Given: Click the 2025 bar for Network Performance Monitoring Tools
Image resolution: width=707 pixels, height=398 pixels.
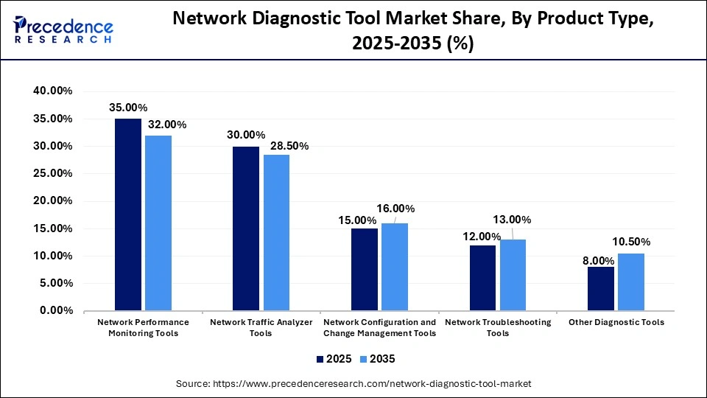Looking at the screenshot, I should point(128,214).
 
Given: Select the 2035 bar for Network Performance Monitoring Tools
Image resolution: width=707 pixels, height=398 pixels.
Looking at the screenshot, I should point(158,223).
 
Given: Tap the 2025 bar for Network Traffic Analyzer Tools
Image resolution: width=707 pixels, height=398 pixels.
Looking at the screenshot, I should point(246,228).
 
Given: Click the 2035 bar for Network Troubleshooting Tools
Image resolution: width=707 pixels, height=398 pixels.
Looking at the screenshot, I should point(513,275).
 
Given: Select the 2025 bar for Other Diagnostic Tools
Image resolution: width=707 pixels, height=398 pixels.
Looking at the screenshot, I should point(601,288).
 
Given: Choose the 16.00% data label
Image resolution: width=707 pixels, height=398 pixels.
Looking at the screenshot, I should point(395,209).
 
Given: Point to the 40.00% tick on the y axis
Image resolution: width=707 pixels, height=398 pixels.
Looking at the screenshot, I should point(52,91).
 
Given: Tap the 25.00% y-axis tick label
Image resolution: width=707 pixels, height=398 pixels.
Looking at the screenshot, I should point(52,173).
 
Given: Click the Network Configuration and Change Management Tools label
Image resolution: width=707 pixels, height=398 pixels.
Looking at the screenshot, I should point(380,328).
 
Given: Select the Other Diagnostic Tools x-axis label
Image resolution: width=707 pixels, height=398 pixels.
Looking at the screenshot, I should point(616,322).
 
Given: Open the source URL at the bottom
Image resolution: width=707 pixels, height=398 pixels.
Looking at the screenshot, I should point(353,384).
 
